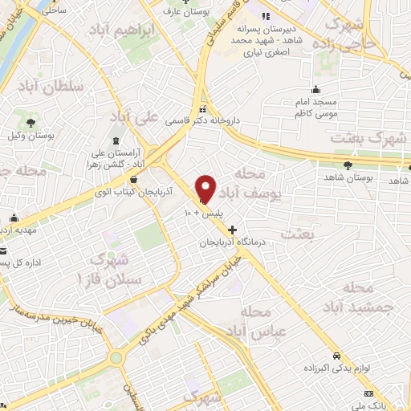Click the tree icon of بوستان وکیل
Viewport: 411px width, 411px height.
[30, 124]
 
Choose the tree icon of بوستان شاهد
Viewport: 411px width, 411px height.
[348, 165]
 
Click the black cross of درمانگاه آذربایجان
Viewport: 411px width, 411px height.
[233, 230]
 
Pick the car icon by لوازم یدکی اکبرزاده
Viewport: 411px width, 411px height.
[336, 355]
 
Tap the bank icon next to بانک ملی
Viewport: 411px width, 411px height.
[368, 393]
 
